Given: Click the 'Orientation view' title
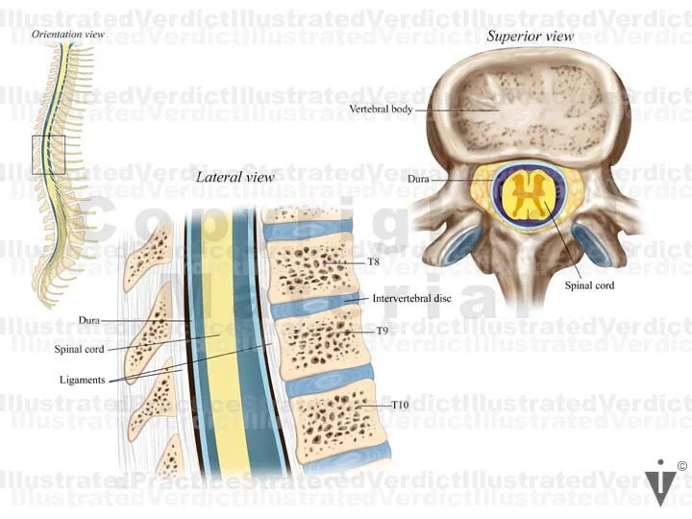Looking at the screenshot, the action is (67, 35).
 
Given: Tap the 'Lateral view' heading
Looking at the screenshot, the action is (235, 177).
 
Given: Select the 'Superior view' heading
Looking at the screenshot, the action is (530, 37).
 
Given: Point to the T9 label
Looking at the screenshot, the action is (382, 331).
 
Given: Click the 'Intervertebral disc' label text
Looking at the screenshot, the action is (412, 299).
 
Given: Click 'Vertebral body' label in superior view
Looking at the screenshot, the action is (382, 110).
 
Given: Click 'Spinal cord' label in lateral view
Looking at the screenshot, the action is (79, 349).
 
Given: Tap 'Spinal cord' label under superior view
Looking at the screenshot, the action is (589, 285).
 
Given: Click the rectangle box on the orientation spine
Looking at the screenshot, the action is (48, 154).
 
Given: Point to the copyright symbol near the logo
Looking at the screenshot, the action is (681, 467).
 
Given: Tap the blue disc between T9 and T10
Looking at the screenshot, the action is (327, 377).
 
